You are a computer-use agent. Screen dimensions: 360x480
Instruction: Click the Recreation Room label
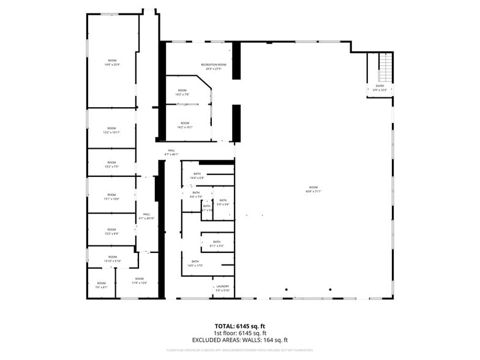213,67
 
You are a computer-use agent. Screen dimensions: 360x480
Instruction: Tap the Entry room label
380,88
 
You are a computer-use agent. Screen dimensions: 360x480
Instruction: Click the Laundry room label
222,288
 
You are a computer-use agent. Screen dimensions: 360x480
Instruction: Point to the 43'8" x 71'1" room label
313,189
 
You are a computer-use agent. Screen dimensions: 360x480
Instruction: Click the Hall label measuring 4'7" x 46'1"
171,152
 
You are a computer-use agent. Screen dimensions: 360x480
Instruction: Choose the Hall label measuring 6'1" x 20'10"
146,216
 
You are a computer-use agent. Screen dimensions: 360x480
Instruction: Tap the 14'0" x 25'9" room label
112,62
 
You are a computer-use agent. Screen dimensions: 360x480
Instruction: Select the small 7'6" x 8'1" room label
101,285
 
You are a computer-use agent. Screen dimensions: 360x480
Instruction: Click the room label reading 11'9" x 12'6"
140,280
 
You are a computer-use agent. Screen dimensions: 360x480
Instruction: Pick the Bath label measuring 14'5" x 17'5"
195,264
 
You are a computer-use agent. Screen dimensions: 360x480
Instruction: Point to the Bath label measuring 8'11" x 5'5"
217,244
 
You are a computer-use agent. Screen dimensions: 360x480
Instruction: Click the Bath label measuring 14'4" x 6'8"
197,176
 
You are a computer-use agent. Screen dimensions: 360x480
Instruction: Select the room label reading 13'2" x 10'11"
111,130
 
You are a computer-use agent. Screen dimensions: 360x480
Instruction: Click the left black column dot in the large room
285,290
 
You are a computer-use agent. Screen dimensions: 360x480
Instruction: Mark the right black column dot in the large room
330,290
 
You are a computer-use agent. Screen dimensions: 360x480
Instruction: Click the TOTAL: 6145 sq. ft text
239,326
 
